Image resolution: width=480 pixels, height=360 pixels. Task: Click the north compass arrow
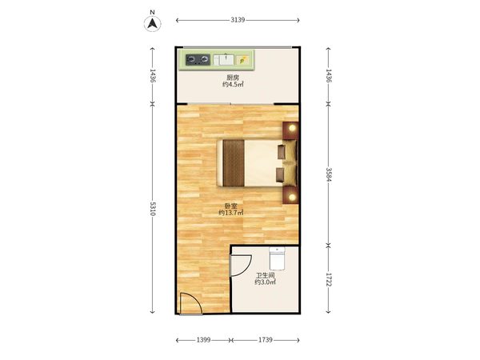click(153, 23)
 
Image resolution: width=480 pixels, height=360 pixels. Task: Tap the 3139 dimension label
click(238, 20)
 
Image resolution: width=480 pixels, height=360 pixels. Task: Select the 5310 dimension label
click(153, 209)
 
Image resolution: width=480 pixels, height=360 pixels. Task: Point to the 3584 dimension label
click(329, 174)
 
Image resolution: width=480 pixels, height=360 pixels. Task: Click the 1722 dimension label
click(329, 280)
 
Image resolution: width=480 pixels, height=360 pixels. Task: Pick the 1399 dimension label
click(203, 340)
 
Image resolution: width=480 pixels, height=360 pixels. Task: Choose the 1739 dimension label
click(265, 340)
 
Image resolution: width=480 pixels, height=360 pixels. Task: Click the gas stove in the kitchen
click(198, 60)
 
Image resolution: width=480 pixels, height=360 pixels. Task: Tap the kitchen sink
click(224, 60)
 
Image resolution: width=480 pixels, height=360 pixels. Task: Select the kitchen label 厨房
click(233, 78)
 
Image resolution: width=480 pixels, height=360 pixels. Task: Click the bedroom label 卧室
click(231, 206)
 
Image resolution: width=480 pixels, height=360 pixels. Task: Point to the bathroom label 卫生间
click(265, 275)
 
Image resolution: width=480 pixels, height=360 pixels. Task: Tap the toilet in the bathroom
click(277, 258)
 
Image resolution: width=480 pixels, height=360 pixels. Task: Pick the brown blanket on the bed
click(234, 163)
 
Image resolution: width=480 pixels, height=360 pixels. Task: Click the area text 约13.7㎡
click(231, 213)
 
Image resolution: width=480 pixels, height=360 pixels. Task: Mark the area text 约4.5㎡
click(233, 85)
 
